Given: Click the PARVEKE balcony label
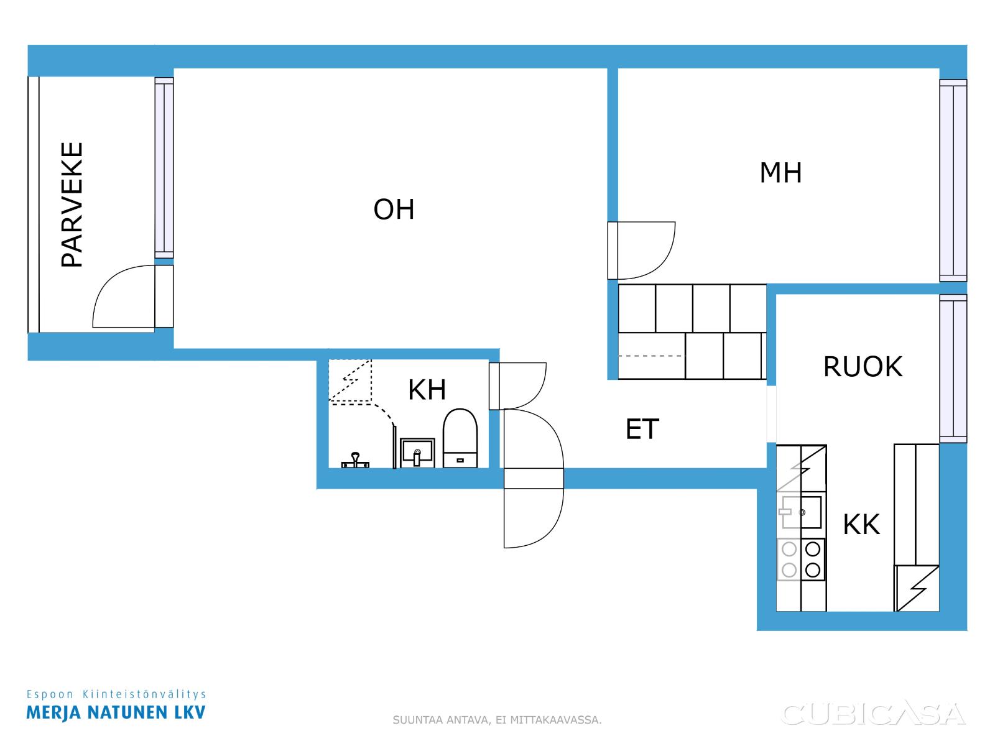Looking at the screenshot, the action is coord(72,205).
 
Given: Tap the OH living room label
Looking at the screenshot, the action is coord(394,210).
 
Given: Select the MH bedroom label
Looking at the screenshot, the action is coord(780,173).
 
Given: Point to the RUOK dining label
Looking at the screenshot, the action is coord(862,366).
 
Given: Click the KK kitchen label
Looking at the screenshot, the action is coord(861,525).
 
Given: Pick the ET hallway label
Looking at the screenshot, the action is coord(642,429).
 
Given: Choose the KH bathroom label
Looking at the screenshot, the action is coord(427,390).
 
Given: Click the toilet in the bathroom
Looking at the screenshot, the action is coord(460,438).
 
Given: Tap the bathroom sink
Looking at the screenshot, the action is coord(417,453).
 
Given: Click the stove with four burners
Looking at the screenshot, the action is coord(801,559).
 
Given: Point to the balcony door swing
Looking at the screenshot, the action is coord(123,297).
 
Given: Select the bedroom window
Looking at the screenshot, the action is coord(953,180).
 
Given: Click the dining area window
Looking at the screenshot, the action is coord(953,369).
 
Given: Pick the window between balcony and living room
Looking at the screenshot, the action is coord(164,168).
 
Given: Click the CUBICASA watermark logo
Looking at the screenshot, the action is coord(873,714).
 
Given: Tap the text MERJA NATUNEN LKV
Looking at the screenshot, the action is coord(116,712).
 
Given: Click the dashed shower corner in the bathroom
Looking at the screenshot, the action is coord(350,380).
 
